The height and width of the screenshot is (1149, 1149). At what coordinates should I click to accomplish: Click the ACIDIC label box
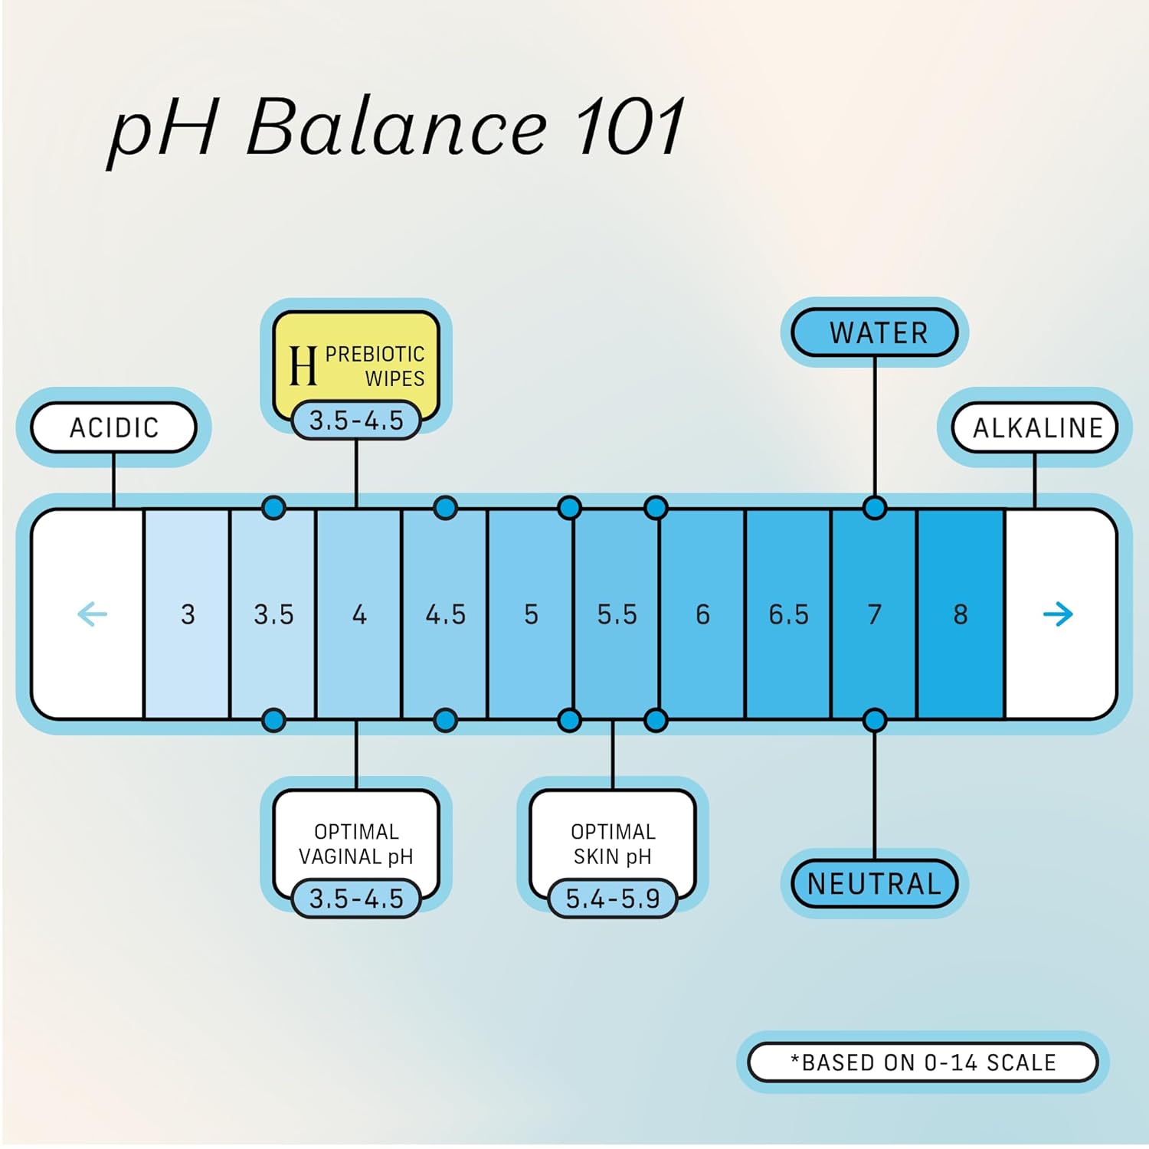tap(113, 427)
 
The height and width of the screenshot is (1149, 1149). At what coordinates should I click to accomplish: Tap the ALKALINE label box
tap(1036, 427)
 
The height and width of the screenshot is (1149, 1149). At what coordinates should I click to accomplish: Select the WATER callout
tap(876, 333)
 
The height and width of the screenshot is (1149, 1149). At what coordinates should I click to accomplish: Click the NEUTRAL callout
tap(875, 884)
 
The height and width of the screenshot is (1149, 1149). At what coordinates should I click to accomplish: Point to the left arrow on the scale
tap(93, 614)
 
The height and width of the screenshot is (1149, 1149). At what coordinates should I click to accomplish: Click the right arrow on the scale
tap(1058, 614)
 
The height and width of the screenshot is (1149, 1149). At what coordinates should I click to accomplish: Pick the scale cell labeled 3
tap(188, 614)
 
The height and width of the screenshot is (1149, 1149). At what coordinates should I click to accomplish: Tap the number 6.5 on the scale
tap(788, 614)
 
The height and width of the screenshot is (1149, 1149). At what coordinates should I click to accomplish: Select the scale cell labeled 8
tap(961, 614)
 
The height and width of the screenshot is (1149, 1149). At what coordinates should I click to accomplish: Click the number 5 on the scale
tap(531, 614)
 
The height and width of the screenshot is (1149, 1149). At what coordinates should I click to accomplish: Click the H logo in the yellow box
tap(303, 365)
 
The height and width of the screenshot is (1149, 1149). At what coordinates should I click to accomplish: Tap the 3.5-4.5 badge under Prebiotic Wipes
tap(356, 421)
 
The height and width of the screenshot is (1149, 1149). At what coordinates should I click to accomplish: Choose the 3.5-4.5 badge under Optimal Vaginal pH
tap(356, 899)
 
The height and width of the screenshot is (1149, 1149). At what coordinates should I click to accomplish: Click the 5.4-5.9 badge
tap(613, 899)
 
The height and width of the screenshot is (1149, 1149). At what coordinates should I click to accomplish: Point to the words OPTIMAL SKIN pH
tap(613, 843)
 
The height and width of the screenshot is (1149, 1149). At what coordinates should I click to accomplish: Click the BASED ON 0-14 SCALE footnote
tap(923, 1062)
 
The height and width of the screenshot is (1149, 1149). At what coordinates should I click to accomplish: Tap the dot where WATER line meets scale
tap(875, 508)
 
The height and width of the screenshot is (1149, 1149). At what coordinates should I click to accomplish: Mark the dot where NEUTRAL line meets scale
tap(875, 720)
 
